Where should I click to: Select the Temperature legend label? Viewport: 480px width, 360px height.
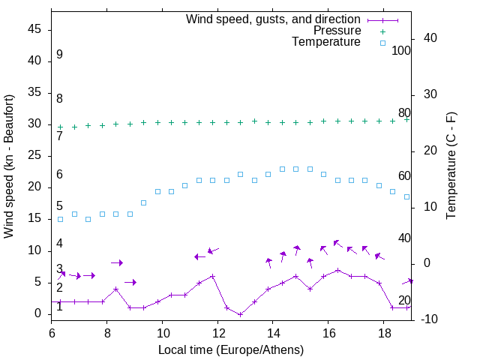pos(326,42)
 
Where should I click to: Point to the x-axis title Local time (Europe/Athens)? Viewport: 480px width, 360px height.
pos(231,349)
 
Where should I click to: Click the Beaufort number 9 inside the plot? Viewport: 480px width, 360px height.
pos(59,55)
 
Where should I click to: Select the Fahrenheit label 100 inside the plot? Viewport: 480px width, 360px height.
pos(401,50)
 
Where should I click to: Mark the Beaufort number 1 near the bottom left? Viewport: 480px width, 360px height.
pos(59,307)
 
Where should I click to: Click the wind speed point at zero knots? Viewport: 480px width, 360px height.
pos(240,314)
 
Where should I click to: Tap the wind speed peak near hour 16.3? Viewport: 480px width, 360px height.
pos(337,270)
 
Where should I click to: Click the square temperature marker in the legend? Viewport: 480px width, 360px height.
pos(382,43)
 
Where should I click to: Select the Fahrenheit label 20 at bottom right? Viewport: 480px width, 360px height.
pos(404,300)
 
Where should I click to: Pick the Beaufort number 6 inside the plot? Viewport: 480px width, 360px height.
pos(59,175)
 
